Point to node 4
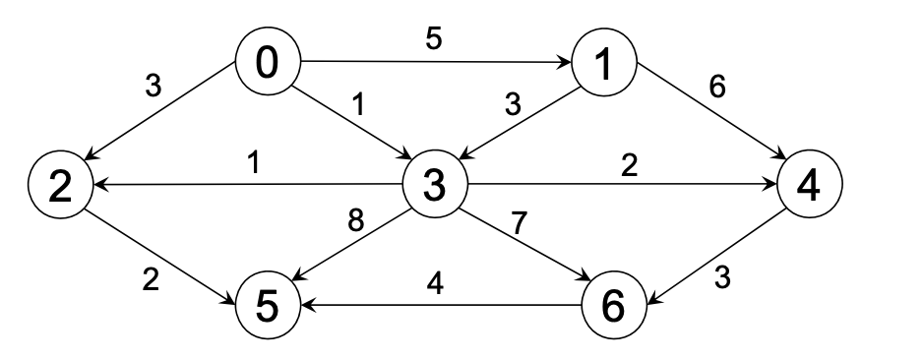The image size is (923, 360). pos(810,185)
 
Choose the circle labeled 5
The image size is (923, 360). pos(266,305)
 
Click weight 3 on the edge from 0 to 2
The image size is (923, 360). pos(153,87)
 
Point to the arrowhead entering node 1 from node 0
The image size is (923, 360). pos(569,64)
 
